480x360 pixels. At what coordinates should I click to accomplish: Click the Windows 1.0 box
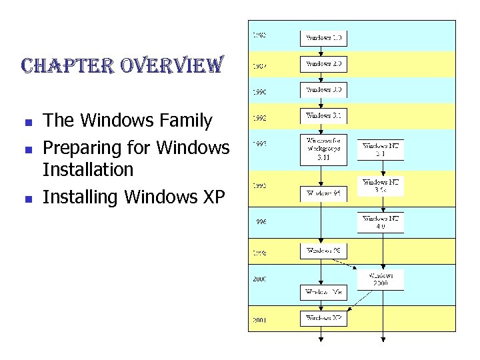323,38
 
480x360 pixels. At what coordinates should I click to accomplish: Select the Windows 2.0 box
323,64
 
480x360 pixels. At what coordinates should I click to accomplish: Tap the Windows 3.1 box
323,116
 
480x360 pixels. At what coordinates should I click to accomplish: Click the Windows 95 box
323,193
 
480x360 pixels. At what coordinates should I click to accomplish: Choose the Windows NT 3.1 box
381,150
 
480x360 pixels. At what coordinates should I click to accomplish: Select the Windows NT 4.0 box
381,223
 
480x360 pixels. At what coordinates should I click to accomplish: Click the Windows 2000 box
381,279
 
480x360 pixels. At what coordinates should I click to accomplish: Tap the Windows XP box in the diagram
323,319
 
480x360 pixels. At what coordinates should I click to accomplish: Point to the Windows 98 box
323,251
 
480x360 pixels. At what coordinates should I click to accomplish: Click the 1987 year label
259,67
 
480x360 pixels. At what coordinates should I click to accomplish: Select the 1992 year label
259,119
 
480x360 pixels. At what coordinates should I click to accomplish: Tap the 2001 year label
259,320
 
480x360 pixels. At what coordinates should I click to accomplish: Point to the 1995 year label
259,186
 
